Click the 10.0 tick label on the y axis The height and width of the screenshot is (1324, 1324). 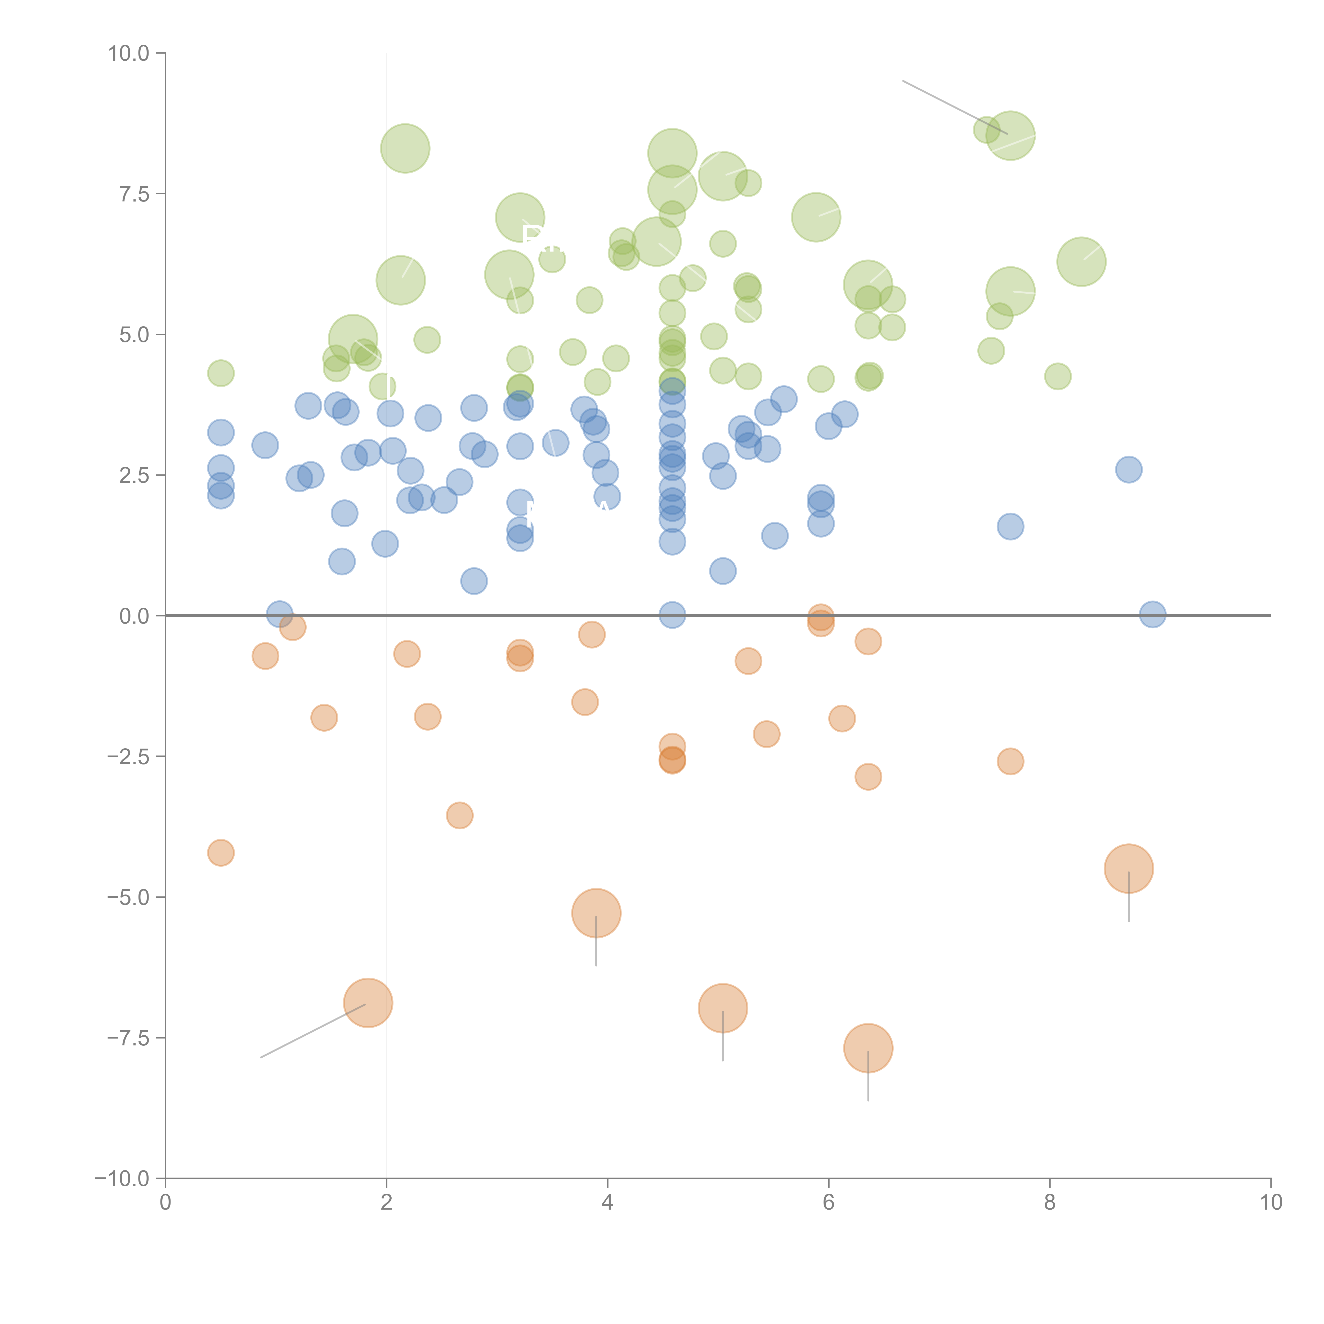129,53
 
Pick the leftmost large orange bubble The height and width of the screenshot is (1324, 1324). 368,1003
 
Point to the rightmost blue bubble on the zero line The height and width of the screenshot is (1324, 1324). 1153,615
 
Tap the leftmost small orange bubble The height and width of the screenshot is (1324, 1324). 221,852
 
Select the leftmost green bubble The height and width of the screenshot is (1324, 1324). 221,373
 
